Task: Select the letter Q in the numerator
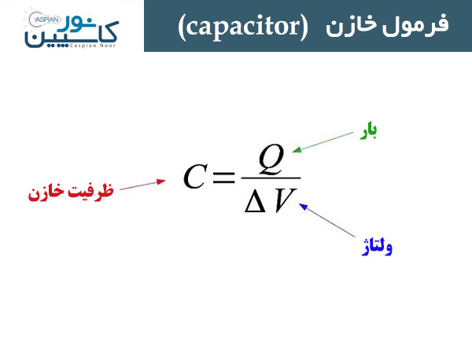(x=269, y=160)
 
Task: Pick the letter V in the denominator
(x=283, y=201)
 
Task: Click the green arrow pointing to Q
(x=323, y=141)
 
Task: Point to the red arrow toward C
(x=142, y=186)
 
